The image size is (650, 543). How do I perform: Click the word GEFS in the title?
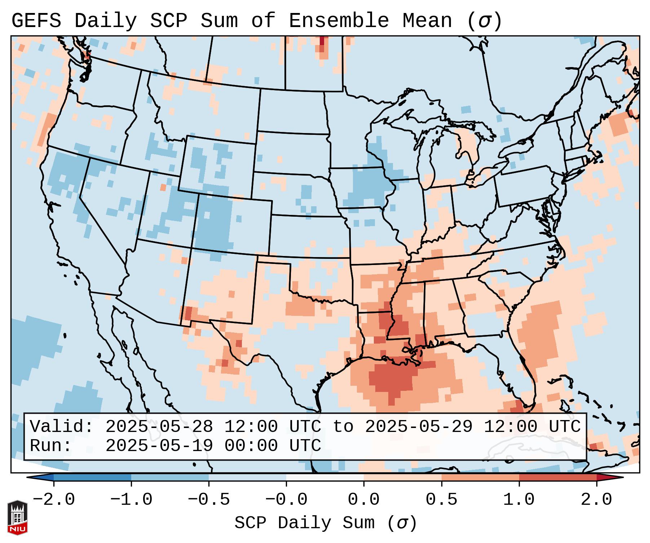(36, 21)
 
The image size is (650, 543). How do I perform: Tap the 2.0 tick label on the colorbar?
(596, 500)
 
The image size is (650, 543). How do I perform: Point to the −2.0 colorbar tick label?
(54, 500)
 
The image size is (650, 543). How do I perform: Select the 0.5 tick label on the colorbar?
(441, 500)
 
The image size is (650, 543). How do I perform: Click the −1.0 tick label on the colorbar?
(131, 500)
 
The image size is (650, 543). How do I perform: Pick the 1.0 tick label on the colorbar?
(519, 500)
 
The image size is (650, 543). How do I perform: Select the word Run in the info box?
(51, 446)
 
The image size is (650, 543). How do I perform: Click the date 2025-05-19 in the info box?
(159, 446)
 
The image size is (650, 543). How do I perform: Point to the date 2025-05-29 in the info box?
(419, 427)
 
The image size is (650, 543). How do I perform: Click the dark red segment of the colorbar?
(558, 477)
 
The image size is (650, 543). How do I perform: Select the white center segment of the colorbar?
(325, 477)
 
